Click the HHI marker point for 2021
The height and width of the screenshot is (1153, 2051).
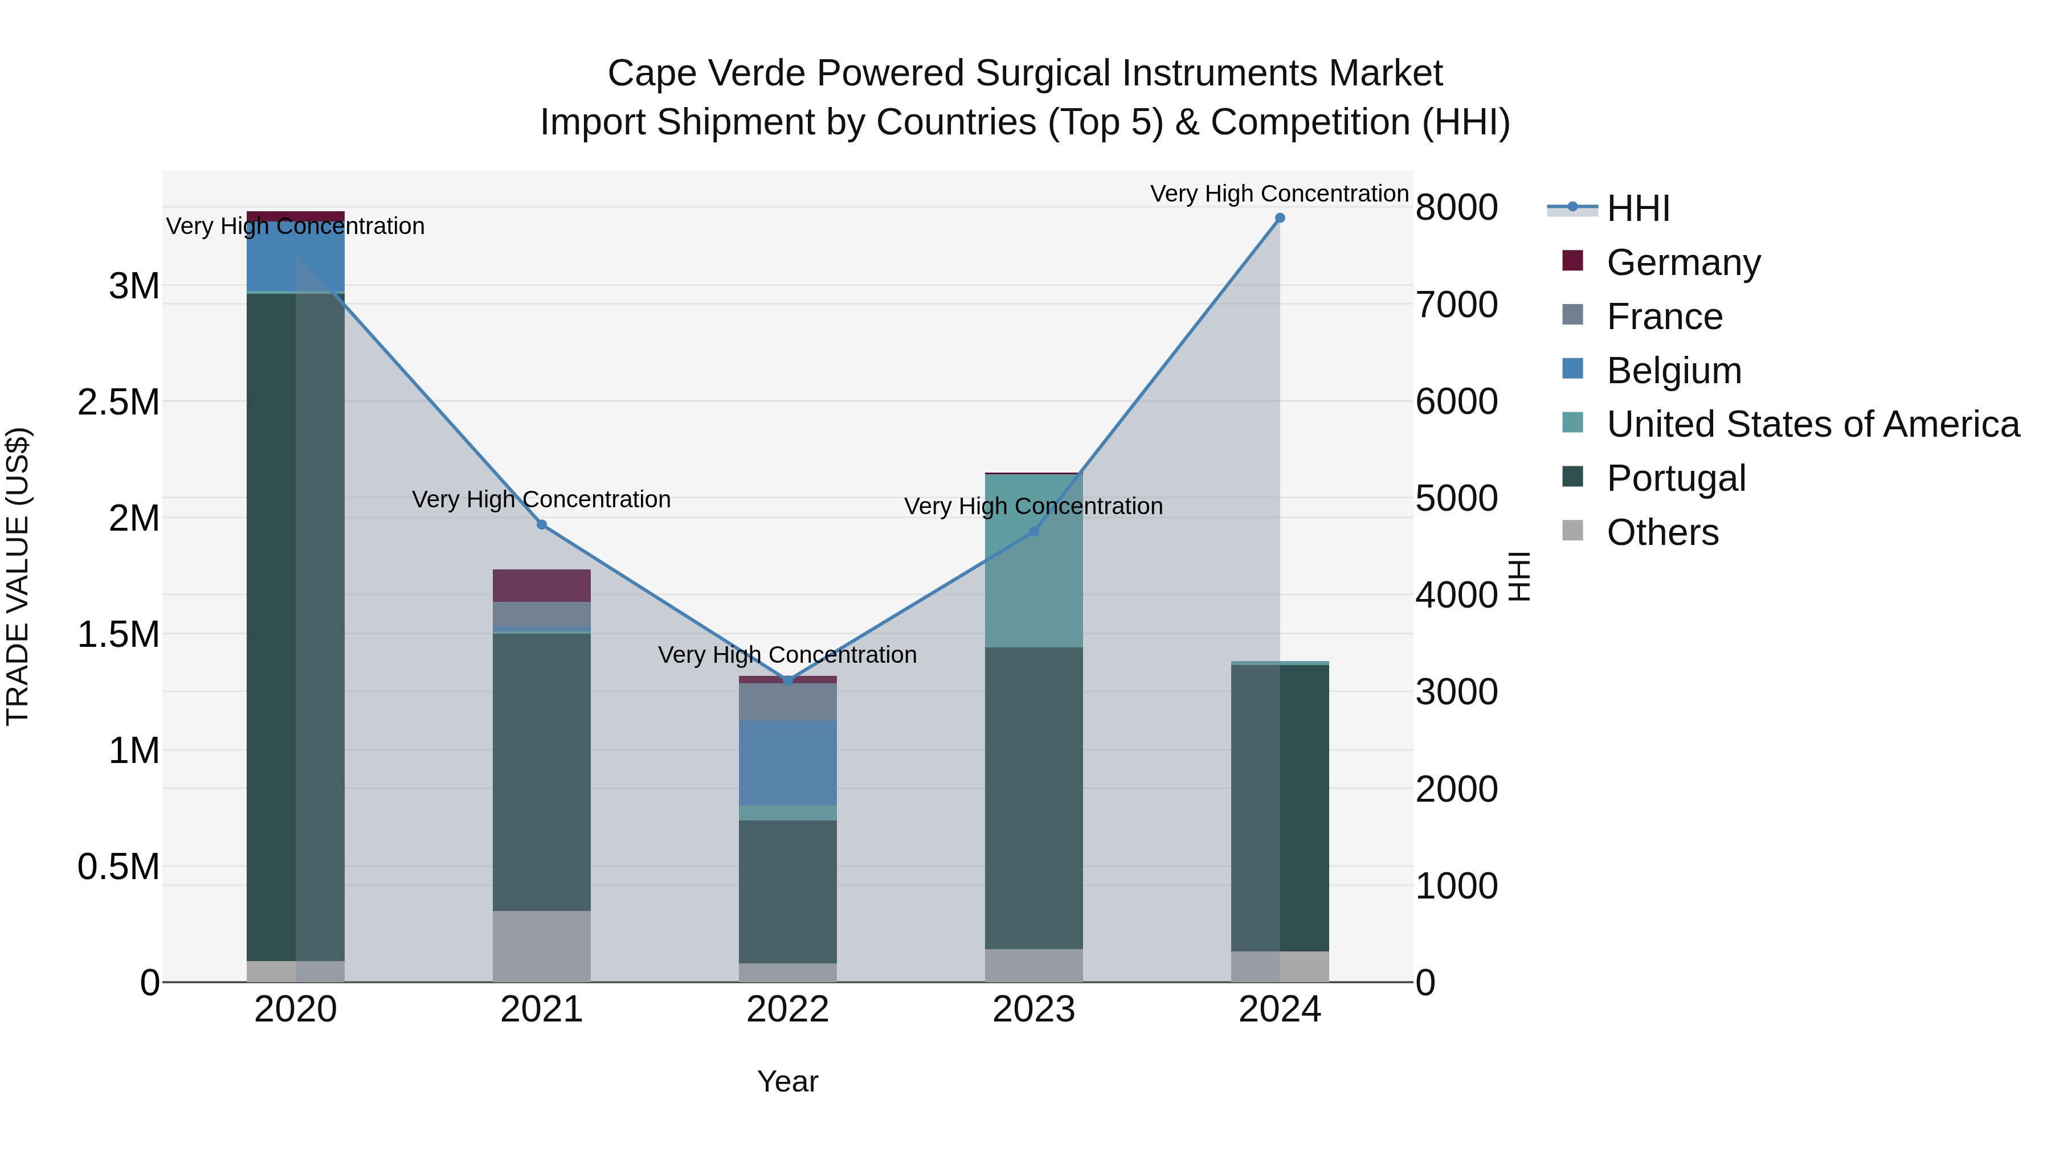point(541,524)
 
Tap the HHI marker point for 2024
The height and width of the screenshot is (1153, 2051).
point(1280,218)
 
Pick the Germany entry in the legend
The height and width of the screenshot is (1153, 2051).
point(1683,262)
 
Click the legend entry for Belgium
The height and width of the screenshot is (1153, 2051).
point(1674,370)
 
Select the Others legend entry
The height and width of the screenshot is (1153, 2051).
point(1662,532)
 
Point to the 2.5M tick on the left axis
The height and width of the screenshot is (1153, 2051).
point(119,402)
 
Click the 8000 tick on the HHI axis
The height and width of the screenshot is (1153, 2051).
point(1456,208)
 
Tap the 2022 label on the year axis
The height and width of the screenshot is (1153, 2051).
point(787,1010)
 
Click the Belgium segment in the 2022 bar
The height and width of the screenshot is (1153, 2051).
point(787,762)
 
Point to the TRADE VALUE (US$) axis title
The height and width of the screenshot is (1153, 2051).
point(18,576)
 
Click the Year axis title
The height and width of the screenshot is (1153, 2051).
point(787,1081)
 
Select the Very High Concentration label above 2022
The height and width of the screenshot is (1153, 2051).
point(787,655)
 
